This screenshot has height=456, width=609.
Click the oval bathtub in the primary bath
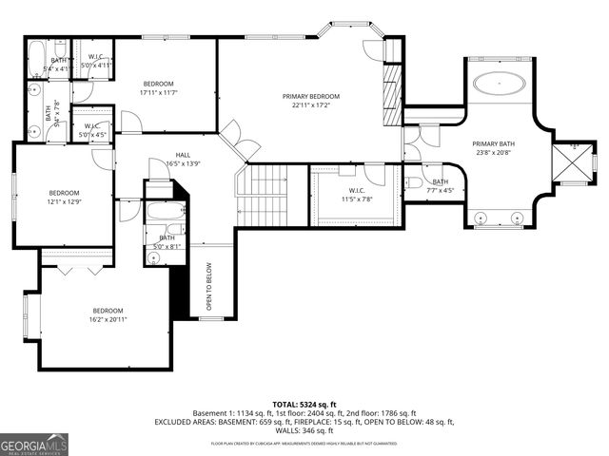pos(500,83)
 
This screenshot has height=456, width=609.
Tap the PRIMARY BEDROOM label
pos(310,97)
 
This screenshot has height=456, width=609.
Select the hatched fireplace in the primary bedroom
pos(390,94)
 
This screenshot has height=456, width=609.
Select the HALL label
pos(183,155)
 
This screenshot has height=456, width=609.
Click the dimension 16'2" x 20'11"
pos(108,320)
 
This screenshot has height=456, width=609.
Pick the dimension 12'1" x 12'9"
pos(64,200)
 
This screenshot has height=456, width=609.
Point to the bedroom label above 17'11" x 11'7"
pos(159,84)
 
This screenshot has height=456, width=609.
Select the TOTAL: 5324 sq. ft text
pos(304,404)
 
